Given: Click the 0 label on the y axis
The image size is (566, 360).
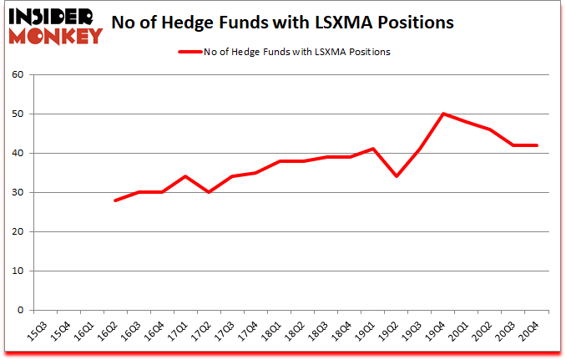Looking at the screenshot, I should point(19,310).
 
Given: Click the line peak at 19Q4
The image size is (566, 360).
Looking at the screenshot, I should point(443,114).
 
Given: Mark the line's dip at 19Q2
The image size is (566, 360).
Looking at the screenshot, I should point(397,176).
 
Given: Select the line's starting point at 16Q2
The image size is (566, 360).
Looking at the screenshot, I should point(115,200).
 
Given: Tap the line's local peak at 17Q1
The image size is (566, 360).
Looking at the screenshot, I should point(185,176).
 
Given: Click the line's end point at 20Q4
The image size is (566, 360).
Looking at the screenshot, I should point(537,145).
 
